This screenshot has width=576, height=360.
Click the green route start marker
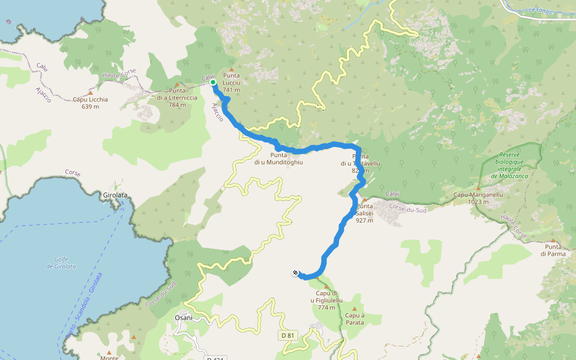(213, 82)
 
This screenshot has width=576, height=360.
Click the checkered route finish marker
(295, 274)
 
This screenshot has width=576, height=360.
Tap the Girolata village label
(115, 196)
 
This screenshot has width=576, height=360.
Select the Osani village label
(184, 317)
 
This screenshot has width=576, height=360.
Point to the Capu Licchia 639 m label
(90, 103)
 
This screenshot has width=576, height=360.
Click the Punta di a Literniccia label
(177, 101)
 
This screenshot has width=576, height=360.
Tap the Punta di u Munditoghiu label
(278, 158)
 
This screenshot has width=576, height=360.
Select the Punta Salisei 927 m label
(364, 213)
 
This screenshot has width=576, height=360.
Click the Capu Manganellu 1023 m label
(478, 198)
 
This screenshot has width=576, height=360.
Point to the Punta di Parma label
(553, 250)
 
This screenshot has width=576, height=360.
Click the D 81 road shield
(288, 335)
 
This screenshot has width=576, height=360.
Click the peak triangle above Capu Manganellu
(478, 188)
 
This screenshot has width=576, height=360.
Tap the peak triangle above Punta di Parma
(553, 240)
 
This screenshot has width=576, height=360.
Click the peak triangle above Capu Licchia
(90, 92)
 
